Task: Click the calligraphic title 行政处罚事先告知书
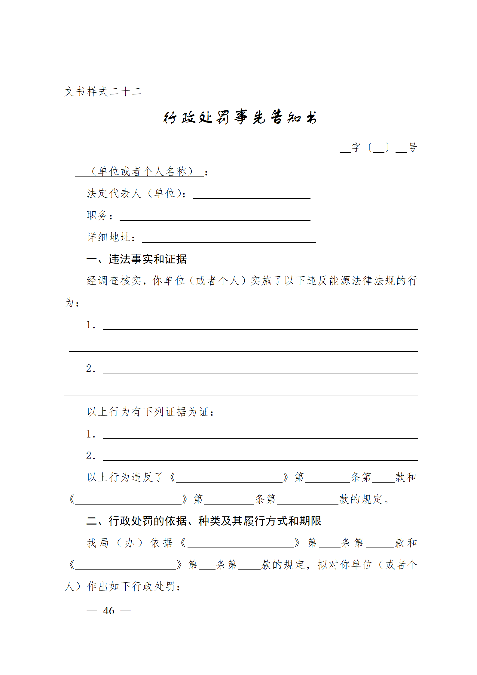click(x=240, y=117)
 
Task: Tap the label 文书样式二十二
click(x=103, y=91)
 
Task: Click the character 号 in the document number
click(x=412, y=148)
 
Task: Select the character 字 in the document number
click(x=356, y=148)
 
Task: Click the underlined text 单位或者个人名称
click(x=142, y=172)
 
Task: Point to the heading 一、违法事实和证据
click(x=136, y=259)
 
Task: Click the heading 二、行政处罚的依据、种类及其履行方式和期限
click(x=204, y=521)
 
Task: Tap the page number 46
click(x=109, y=611)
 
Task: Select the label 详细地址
click(x=109, y=237)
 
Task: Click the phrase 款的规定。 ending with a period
click(x=364, y=499)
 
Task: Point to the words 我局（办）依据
click(x=130, y=543)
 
